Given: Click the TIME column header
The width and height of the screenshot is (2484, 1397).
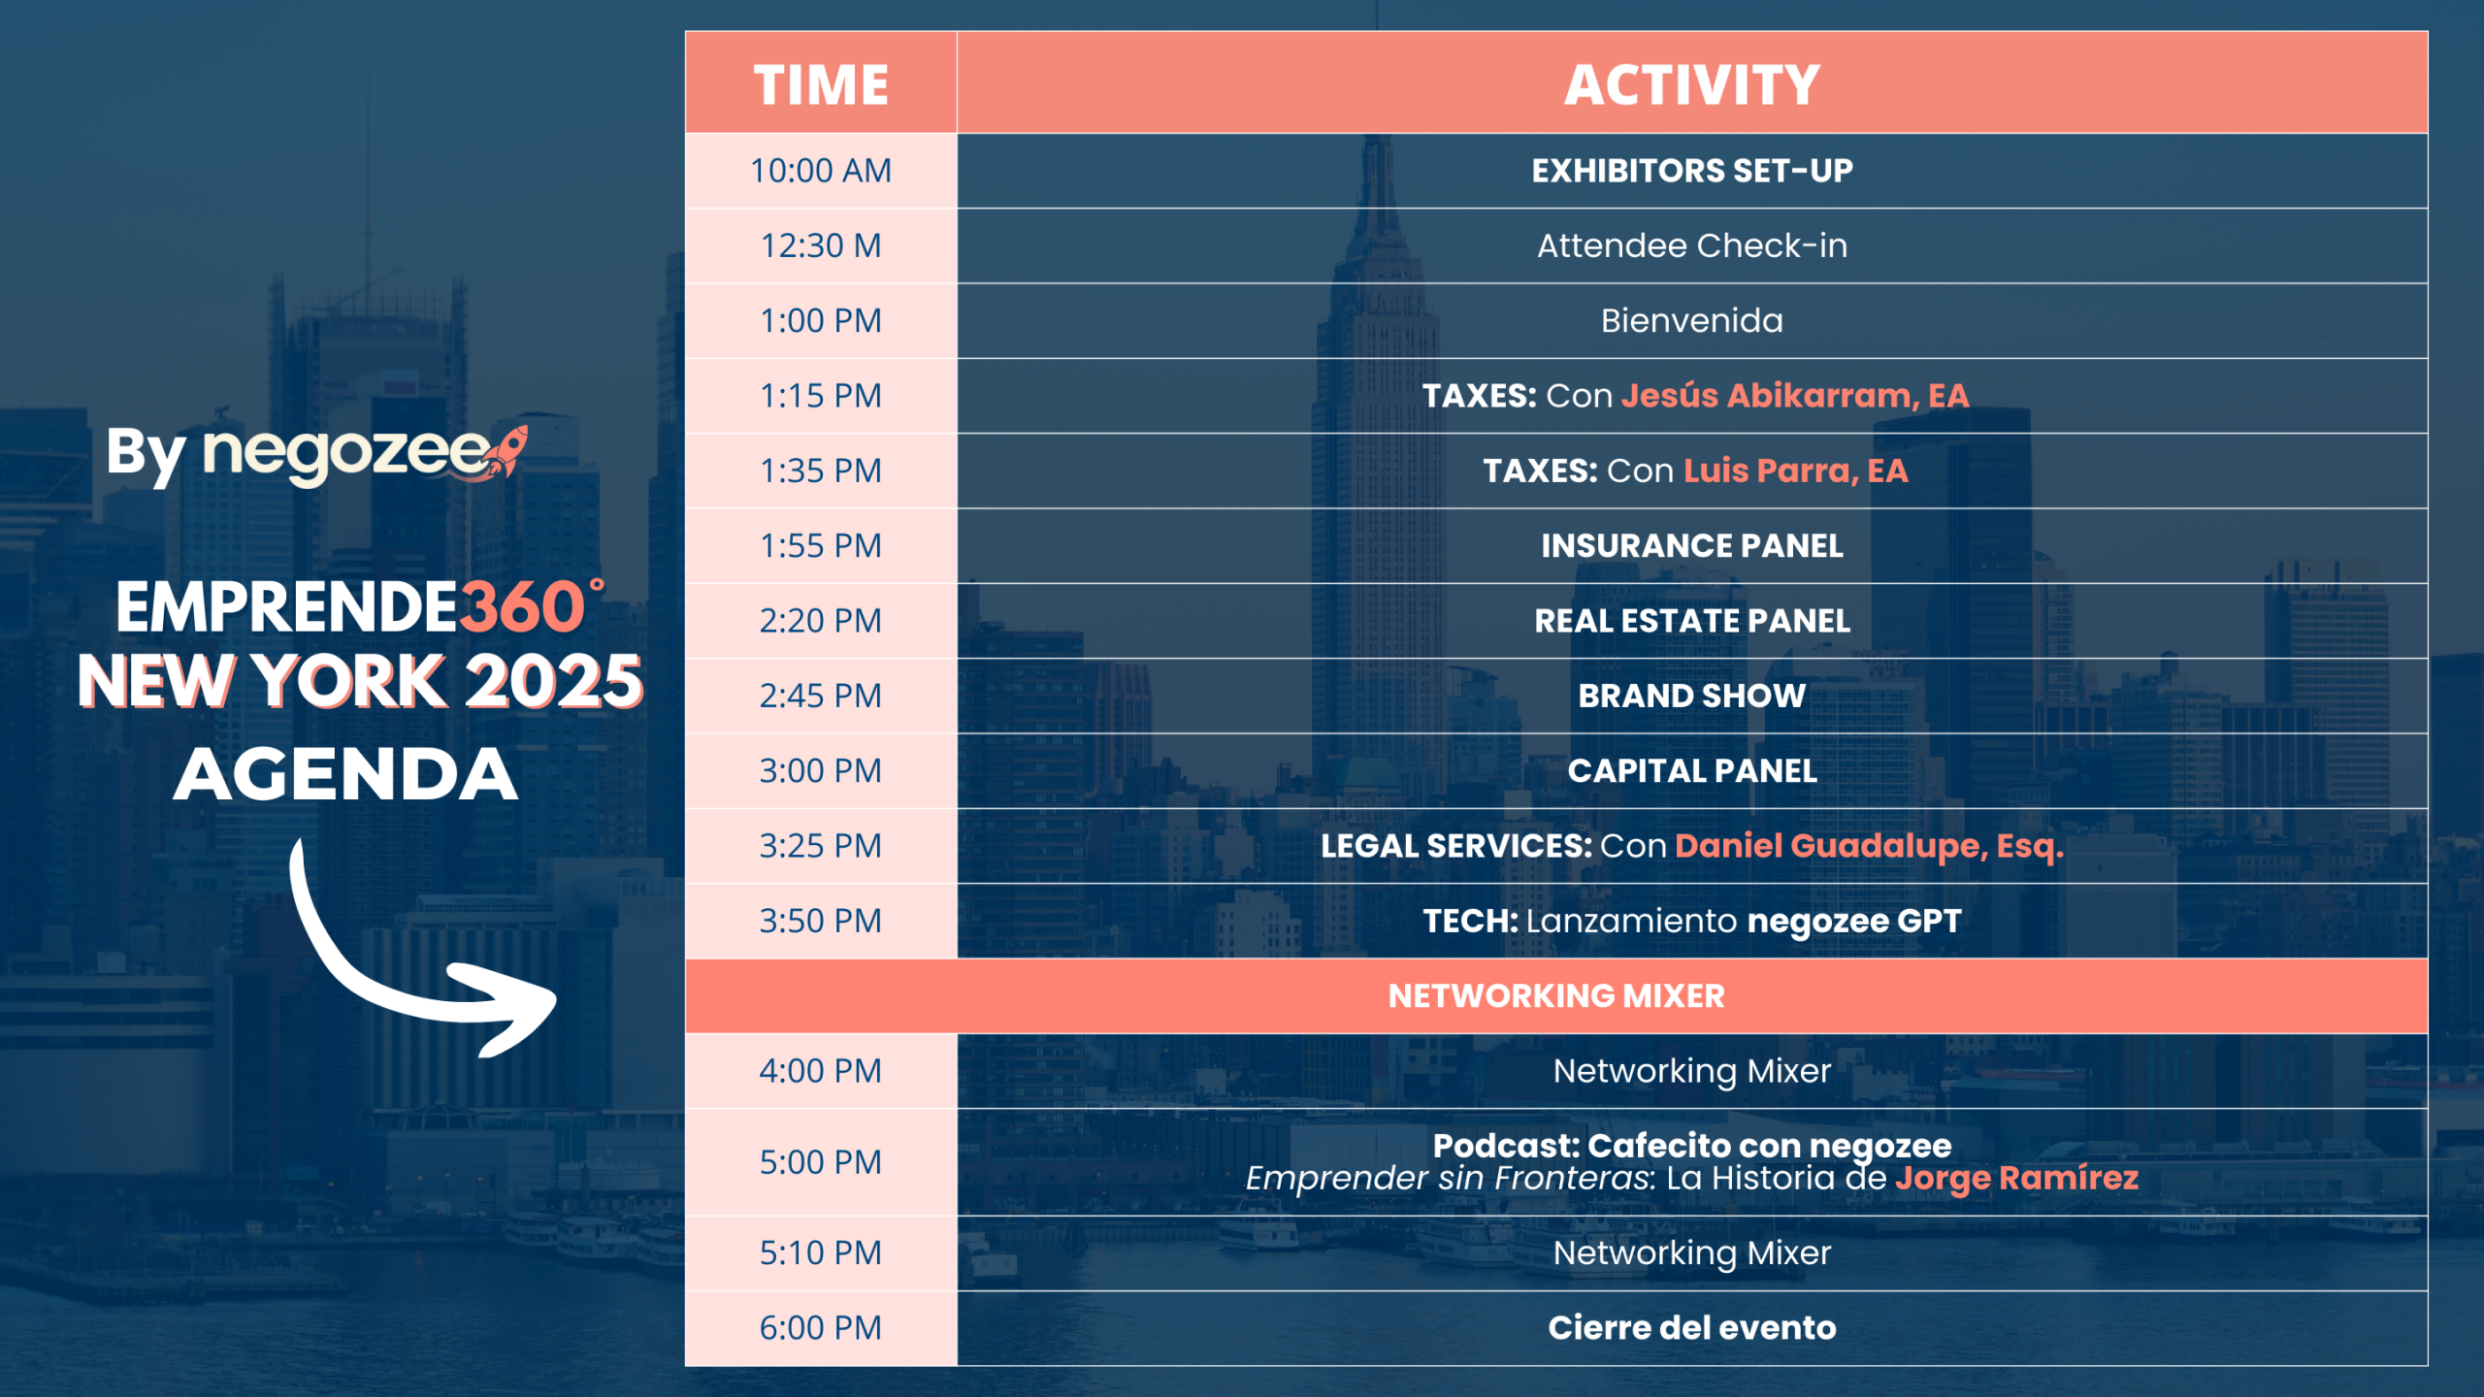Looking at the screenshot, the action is pyautogui.click(x=821, y=84).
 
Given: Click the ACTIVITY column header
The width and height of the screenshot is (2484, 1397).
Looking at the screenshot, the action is pyautogui.click(x=1692, y=84).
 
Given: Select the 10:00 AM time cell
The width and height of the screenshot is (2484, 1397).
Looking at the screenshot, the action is pyautogui.click(x=821, y=171).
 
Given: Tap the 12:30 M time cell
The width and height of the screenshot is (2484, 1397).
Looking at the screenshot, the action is pyautogui.click(x=821, y=245).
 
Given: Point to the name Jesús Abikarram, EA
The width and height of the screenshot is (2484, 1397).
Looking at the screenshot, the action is pyautogui.click(x=1795, y=396).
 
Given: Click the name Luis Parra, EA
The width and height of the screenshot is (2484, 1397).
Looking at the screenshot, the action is pyautogui.click(x=1796, y=471).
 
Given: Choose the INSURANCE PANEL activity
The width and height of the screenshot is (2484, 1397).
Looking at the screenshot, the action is pyautogui.click(x=1692, y=546).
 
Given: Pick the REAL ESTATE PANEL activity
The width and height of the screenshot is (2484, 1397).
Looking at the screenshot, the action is pyautogui.click(x=1692, y=621).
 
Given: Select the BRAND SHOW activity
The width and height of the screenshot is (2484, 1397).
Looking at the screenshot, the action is pyautogui.click(x=1692, y=696).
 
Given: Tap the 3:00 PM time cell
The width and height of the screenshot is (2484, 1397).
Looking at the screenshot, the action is pyautogui.click(x=821, y=771).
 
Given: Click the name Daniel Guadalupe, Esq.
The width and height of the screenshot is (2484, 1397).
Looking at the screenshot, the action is pyautogui.click(x=1869, y=846).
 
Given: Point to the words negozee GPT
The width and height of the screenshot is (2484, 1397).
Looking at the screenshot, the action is pyautogui.click(x=1854, y=922).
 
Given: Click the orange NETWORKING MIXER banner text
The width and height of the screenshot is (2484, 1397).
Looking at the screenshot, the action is pyautogui.click(x=1556, y=996).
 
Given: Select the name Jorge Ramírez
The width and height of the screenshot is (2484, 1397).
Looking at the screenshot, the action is pyautogui.click(x=2017, y=1178).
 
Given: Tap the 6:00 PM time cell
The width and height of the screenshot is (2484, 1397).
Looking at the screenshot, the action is pyautogui.click(x=821, y=1328).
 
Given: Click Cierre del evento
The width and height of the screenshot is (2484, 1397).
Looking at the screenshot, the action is pyautogui.click(x=1692, y=1328).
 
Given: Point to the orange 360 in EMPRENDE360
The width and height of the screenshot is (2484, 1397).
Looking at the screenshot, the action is pyautogui.click(x=522, y=608).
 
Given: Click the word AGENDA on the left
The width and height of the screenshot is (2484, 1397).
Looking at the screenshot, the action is pyautogui.click(x=346, y=774).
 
